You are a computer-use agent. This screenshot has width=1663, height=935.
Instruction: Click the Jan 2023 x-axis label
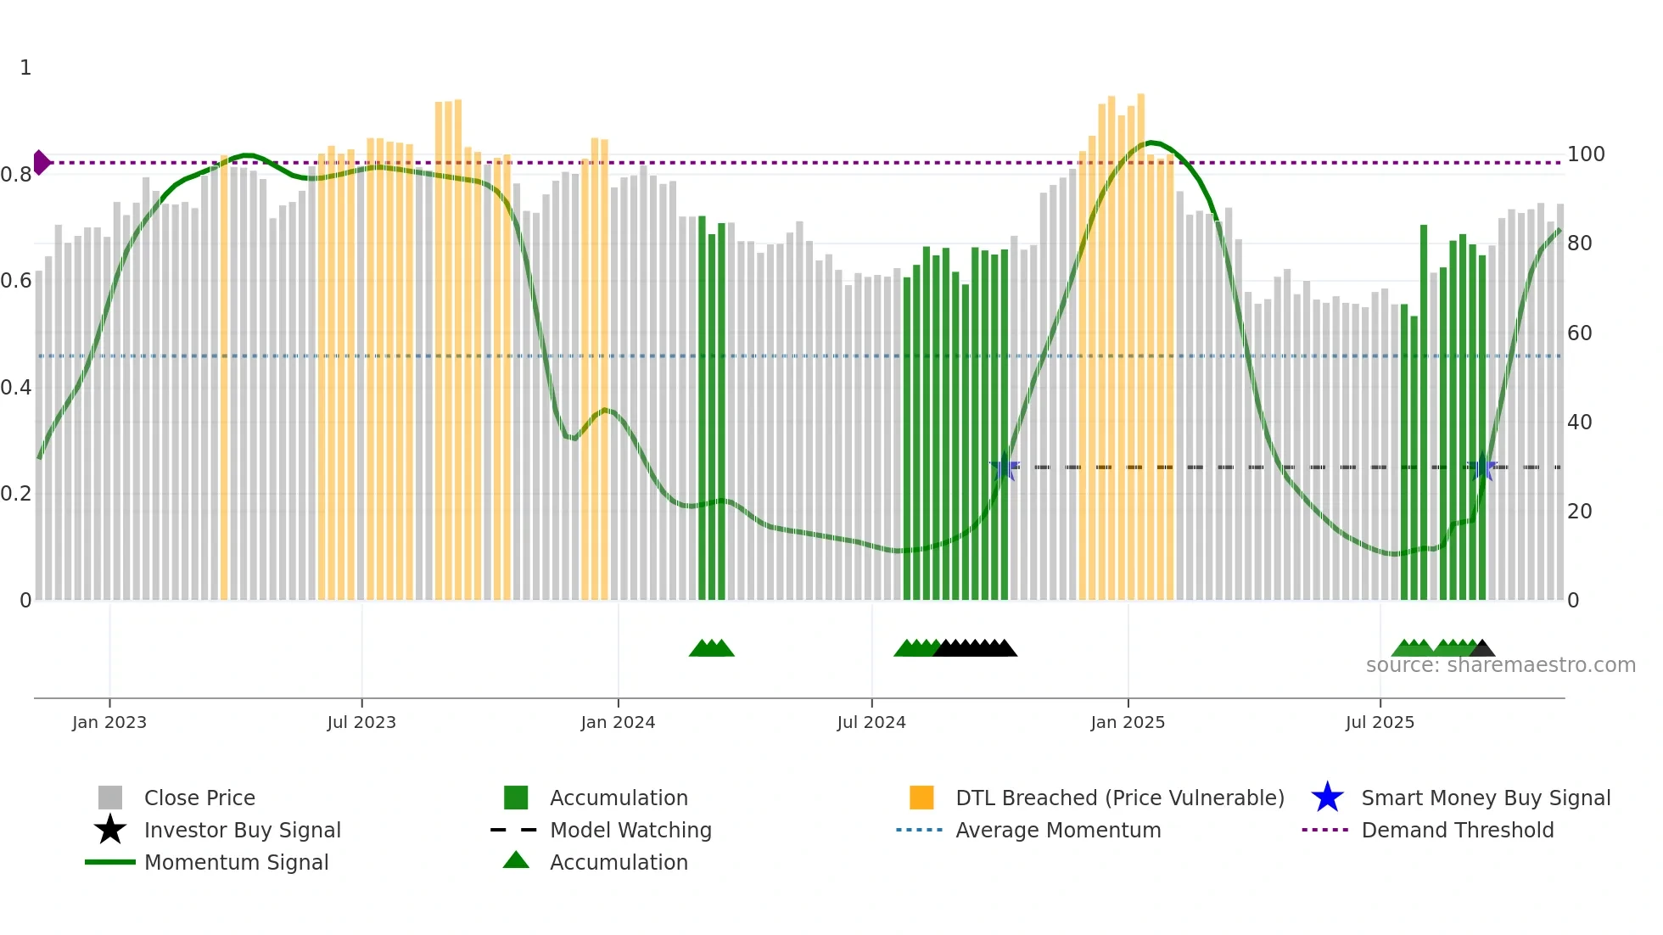pos(109,722)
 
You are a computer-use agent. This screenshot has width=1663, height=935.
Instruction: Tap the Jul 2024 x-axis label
pos(871,722)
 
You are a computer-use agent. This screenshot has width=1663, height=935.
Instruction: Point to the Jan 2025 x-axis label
pos(1128,722)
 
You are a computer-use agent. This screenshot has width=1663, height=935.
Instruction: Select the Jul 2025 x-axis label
pos(1380,722)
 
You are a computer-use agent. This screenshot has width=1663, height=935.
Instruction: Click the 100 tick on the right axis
pos(1586,154)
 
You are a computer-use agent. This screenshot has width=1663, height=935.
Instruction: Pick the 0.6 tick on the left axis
pos(16,281)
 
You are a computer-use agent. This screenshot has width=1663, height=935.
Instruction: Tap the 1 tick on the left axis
pos(25,68)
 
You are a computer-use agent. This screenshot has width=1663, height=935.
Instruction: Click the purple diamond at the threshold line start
pos(41,162)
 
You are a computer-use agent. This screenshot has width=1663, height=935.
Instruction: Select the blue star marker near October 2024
pos(1005,467)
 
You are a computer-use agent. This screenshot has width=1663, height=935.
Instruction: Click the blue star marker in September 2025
pos(1482,467)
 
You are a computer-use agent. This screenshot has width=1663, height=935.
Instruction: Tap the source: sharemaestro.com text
pos(1500,665)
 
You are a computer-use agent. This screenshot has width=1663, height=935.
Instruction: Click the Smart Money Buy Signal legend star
pos(1327,798)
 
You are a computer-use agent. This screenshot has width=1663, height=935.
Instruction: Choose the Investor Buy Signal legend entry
pos(242,830)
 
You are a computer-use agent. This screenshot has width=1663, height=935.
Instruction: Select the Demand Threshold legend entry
pos(1457,830)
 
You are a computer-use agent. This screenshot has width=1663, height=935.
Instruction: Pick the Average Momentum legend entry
pos(1057,830)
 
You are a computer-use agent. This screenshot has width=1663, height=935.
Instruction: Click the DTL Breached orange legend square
pos(921,798)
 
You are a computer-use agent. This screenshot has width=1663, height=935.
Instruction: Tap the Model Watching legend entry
pos(630,830)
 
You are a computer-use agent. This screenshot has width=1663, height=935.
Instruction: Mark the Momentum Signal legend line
pos(110,862)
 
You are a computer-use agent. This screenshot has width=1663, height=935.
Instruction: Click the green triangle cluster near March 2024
pos(711,648)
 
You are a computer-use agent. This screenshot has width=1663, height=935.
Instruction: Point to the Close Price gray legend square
pos(110,798)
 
